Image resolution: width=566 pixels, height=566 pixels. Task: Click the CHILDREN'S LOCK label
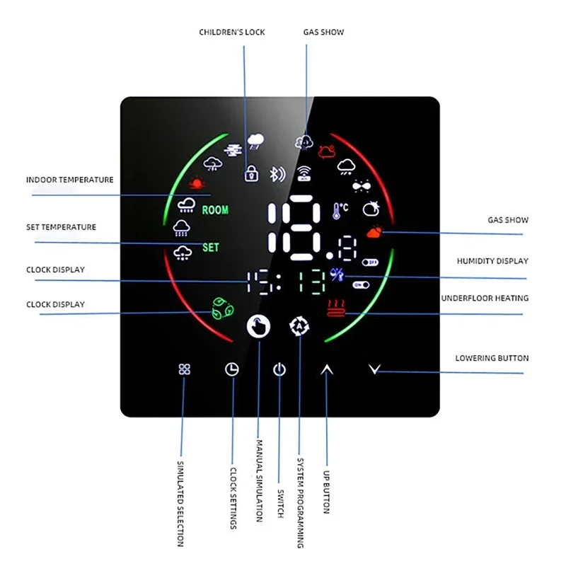coord(232,33)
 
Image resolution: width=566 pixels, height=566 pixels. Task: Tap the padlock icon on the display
coord(250,172)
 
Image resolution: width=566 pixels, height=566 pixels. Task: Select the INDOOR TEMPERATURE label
coord(69,180)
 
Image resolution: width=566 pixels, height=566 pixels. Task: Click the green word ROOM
coord(215,210)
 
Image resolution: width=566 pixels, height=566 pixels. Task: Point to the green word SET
coord(211,248)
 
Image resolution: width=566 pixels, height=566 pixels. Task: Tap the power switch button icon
coord(279,369)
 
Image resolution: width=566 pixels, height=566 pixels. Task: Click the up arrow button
coord(326,369)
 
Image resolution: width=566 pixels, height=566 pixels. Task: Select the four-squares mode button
coord(185,369)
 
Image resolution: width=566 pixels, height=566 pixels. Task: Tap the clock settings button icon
coord(232,369)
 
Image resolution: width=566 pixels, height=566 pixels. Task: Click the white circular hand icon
coord(258,326)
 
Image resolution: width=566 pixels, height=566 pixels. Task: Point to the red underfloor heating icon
coord(335,309)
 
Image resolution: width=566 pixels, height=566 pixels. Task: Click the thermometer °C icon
coord(340,210)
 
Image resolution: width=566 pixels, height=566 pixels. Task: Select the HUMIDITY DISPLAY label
coord(492,262)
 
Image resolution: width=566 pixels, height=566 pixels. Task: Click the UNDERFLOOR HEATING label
coord(485,299)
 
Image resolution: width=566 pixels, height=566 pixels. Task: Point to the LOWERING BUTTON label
coord(492,358)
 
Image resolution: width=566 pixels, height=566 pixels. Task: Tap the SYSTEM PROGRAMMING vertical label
coord(301,499)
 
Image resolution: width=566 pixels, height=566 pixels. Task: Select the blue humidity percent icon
coord(336,277)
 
